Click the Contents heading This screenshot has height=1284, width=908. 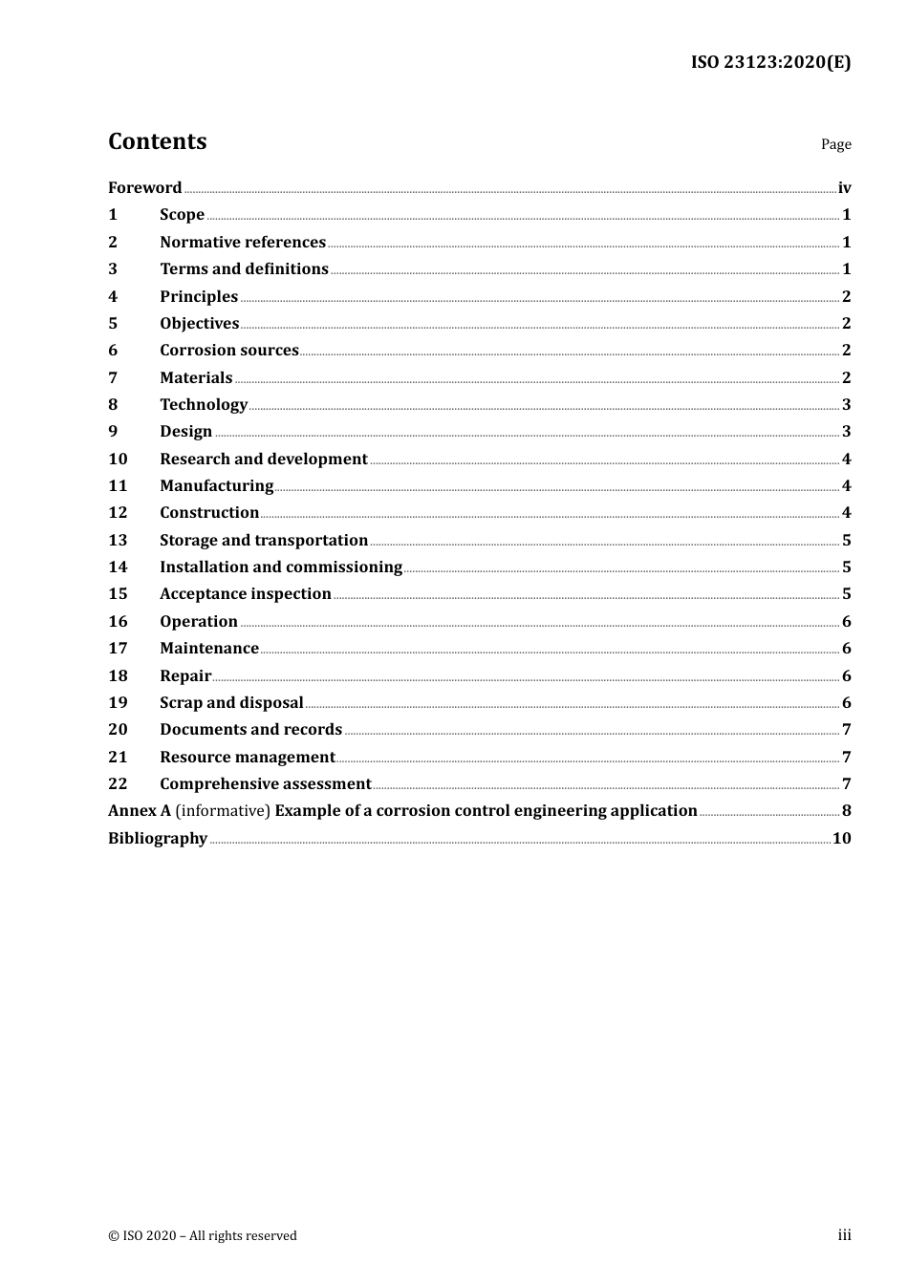(x=157, y=141)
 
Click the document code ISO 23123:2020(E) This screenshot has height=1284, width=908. (x=770, y=62)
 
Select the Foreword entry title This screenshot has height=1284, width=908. (x=144, y=187)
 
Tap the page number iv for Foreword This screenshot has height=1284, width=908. (x=844, y=187)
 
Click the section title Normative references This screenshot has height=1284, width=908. (x=243, y=242)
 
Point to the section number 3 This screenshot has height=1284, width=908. (x=113, y=268)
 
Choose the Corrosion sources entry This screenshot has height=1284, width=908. (x=229, y=350)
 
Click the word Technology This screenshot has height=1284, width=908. (x=204, y=404)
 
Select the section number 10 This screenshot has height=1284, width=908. (x=118, y=459)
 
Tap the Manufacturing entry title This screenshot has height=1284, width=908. (x=217, y=485)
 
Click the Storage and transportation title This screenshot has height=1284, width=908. (x=264, y=540)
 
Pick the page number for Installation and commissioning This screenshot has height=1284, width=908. (x=846, y=567)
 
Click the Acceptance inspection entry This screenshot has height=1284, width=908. (x=246, y=593)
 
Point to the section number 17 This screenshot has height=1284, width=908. (x=118, y=648)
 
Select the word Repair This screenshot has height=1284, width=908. (x=185, y=675)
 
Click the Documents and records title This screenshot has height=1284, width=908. (x=250, y=729)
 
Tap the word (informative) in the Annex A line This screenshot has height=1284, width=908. (x=223, y=810)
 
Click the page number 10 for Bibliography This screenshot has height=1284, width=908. (x=841, y=838)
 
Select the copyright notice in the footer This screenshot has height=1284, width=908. (x=203, y=1235)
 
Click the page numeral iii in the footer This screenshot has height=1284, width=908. (x=844, y=1234)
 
